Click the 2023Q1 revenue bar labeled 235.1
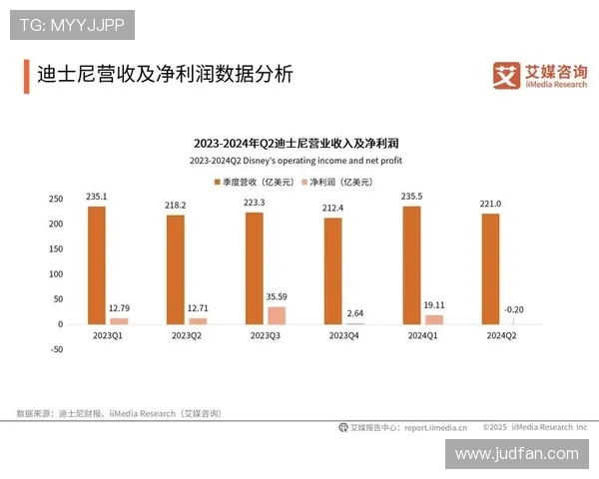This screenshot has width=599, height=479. coord(96,264)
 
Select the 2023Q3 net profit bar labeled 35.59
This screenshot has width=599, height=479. coord(277,314)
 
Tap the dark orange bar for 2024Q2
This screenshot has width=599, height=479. coord(490,268)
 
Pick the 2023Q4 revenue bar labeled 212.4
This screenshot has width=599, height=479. coord(332,270)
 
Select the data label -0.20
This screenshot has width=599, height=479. coord(513,309)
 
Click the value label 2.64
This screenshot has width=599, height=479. coord(355,313)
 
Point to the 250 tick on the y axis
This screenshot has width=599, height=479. coord(56,199)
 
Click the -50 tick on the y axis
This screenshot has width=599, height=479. coord(56,349)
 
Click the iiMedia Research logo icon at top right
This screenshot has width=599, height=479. coord(507,75)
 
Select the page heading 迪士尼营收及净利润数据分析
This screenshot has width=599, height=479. coord(165,76)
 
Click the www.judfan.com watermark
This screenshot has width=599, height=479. coord(516,453)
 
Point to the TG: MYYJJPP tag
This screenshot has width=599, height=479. coord(71,24)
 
